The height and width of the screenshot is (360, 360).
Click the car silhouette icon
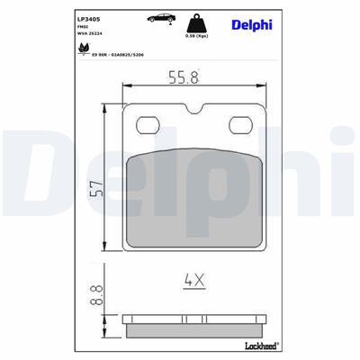tap(157, 18)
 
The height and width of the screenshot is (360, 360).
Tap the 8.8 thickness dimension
tap(94, 292)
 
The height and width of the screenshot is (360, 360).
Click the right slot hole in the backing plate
tap(239, 124)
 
